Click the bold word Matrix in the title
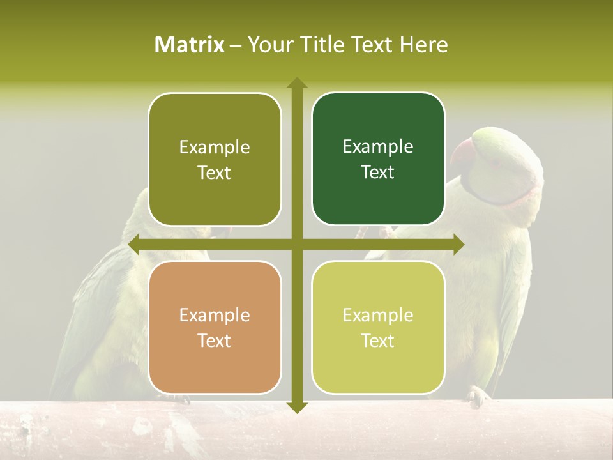tap(190, 45)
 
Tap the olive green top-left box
tap(215, 159)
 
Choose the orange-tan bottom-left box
tap(215, 327)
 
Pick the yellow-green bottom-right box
tap(378, 327)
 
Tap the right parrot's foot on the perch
tap(476, 396)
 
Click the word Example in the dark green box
tap(378, 146)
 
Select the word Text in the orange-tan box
tap(215, 341)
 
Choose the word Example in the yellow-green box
tap(378, 315)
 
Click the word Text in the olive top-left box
tap(215, 172)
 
